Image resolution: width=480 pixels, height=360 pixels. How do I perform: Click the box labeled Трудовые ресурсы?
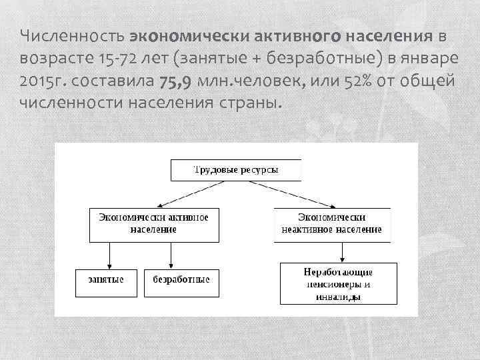point(236,170)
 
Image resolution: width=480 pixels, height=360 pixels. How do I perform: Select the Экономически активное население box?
point(153,224)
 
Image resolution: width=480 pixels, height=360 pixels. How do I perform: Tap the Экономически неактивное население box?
point(332,224)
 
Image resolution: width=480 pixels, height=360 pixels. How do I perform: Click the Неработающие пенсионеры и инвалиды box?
point(339,283)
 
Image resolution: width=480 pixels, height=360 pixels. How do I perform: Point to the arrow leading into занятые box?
point(109,255)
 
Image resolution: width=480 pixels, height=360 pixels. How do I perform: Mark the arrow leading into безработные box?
point(171,255)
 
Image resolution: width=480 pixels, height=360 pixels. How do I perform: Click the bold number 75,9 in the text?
point(175,81)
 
